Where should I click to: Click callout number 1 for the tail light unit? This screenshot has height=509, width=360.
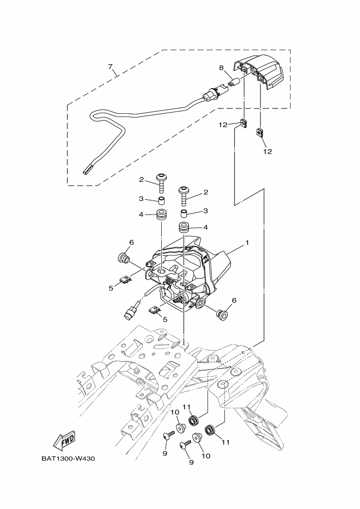pos(246,242)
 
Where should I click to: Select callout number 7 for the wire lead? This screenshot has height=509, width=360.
pos(110,68)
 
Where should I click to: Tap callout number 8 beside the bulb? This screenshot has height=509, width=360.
pos(221,68)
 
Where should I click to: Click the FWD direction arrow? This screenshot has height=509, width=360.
pos(64,439)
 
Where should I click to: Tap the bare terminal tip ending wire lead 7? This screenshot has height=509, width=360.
pos(87,171)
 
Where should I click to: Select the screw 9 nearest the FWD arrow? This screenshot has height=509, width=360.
pos(168,435)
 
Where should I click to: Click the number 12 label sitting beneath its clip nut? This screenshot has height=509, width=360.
pos(267,151)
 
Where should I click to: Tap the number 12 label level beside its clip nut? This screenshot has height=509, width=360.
pos(223,125)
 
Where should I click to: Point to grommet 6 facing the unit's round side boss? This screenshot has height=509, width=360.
pos(222,314)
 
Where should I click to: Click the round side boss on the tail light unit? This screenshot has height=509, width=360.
pos(202,302)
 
